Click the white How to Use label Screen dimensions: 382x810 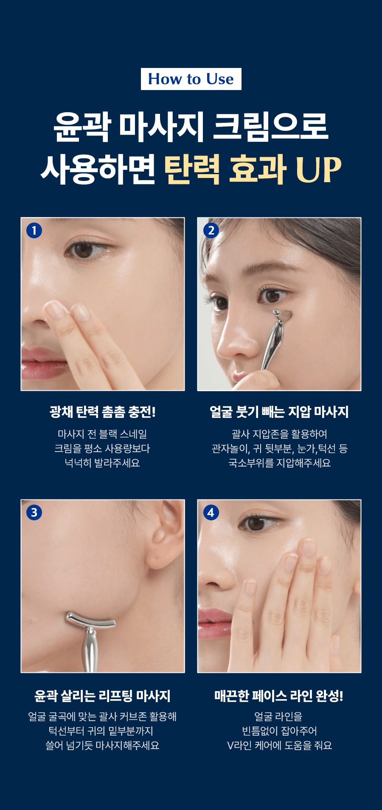(x=191, y=79)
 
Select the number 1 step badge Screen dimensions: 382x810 (x=34, y=230)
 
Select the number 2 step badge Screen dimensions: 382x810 (x=211, y=230)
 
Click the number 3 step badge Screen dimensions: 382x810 (x=34, y=512)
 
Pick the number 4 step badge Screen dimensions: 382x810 (x=211, y=512)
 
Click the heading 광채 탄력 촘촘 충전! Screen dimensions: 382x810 (x=102, y=412)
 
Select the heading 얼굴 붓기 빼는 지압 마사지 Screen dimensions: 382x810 (x=279, y=412)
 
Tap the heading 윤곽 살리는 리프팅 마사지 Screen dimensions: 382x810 (x=102, y=696)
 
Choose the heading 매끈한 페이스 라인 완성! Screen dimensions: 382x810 (x=279, y=696)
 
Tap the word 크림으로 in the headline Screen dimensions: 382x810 (x=270, y=126)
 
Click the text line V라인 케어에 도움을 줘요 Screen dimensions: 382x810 (x=279, y=745)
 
